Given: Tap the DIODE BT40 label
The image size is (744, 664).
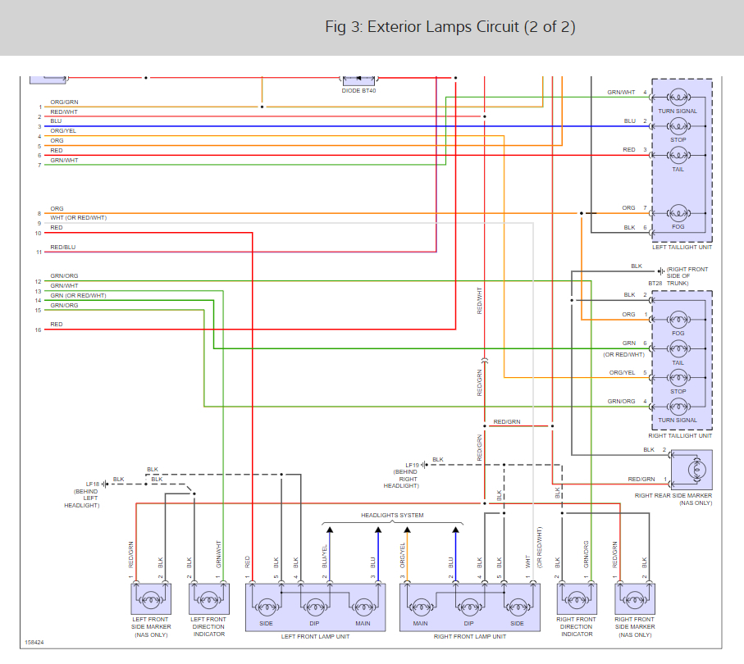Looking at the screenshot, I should (358, 91).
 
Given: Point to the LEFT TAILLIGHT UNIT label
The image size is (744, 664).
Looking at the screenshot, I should (682, 246).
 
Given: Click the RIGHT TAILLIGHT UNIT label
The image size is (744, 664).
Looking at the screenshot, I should (680, 435).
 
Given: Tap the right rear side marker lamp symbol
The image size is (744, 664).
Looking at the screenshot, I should (700, 470).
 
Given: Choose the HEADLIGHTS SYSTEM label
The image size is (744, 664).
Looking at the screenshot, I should (393, 515).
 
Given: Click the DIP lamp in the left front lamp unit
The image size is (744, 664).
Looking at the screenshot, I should (315, 607).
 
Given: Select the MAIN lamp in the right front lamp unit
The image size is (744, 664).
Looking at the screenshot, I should (422, 607).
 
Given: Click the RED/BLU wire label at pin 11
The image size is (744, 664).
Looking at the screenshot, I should (63, 247).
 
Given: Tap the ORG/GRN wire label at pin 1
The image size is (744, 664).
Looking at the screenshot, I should (64, 102).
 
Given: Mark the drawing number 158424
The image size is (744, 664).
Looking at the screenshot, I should (34, 643).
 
